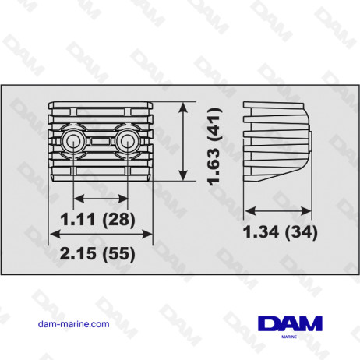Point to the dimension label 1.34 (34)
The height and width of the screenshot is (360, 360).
(279, 231)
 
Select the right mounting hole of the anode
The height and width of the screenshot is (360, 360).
(125, 140)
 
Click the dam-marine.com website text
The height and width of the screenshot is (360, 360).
(72, 325)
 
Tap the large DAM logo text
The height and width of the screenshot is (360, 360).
(287, 323)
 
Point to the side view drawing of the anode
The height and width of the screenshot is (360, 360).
(277, 140)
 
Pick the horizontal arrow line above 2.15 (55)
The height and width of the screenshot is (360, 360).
(100, 234)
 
